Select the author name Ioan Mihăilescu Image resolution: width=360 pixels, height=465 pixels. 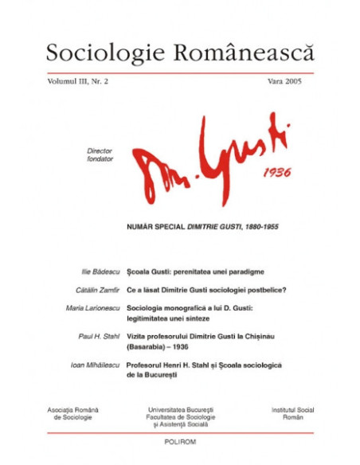click(94, 364)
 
